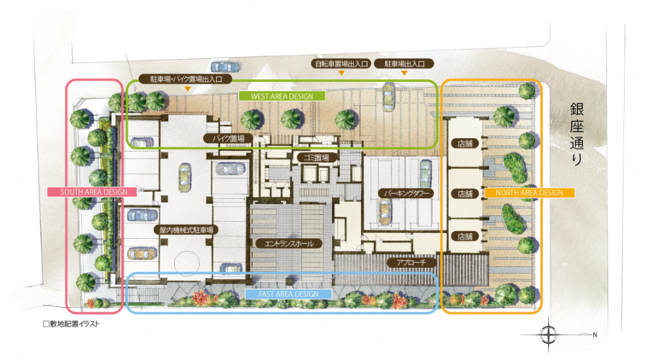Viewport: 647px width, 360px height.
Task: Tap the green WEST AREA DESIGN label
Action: point(282,96)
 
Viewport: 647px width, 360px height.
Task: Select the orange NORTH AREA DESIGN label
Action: point(529,192)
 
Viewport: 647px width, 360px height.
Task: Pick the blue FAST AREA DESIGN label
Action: point(288,294)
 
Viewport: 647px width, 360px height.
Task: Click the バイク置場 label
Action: point(228,139)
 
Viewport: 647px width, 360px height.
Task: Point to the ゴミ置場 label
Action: point(316,157)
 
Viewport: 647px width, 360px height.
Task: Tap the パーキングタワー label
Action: point(406,193)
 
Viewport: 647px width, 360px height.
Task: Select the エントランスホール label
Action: point(288,243)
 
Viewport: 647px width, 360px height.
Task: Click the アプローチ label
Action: point(411,262)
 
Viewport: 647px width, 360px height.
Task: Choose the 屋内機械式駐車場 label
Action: point(186,230)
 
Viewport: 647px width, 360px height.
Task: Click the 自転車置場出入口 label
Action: point(341,63)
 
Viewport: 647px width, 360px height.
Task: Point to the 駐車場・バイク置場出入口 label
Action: point(185,79)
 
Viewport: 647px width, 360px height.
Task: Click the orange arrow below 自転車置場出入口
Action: point(341,73)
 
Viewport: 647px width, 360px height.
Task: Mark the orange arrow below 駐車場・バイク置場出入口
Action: point(188,88)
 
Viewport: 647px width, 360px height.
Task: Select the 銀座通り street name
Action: point(576,134)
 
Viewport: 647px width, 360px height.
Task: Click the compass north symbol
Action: point(549,334)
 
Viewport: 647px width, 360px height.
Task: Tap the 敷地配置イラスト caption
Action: point(71,324)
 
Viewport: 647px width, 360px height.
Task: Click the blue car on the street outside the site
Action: point(225,67)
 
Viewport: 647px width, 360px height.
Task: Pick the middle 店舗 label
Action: point(465,193)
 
